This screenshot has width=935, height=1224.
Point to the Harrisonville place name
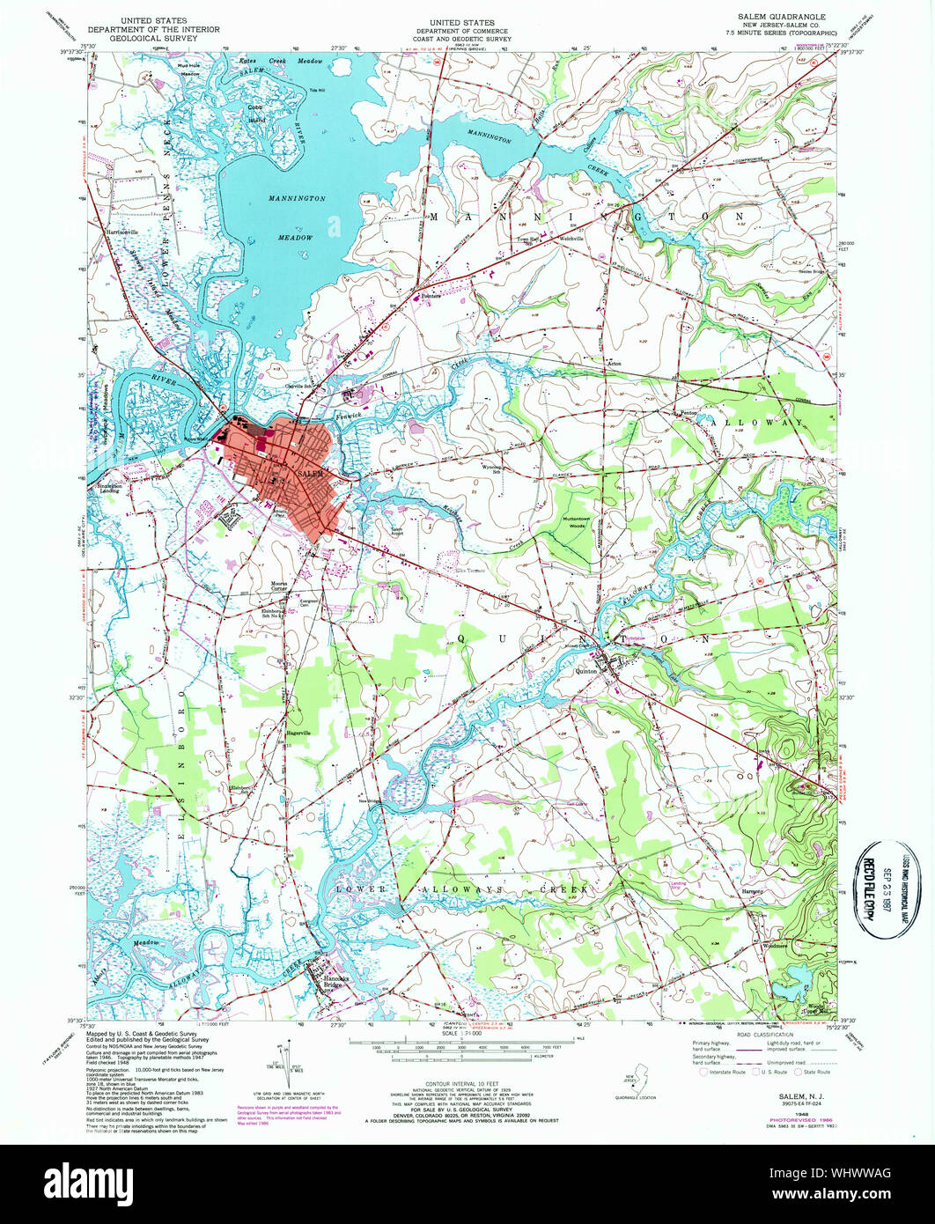pyautogui.click(x=123, y=232)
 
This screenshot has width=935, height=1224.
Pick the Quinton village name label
pyautogui.click(x=587, y=671)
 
